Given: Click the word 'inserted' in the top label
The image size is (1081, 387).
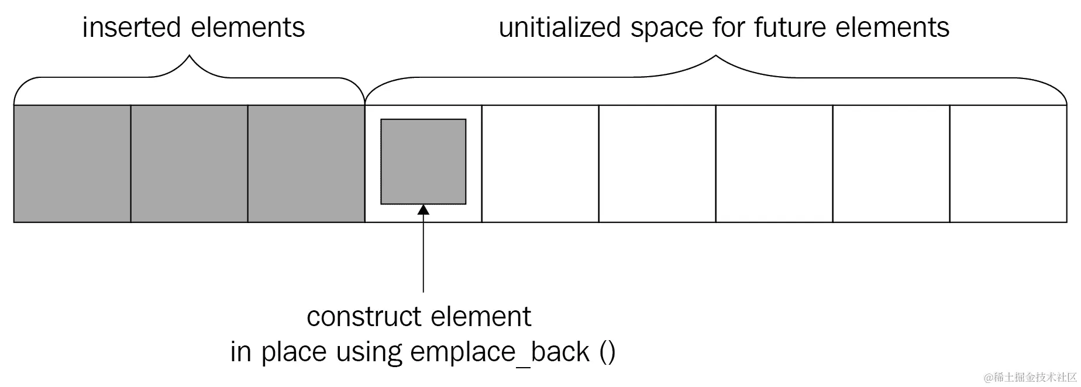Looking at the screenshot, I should tap(132, 28).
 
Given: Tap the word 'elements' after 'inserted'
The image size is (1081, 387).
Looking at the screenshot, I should tap(248, 28).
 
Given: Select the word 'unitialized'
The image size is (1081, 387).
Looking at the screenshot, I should tap(559, 28).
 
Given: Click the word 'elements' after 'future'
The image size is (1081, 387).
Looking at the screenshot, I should tap(893, 28).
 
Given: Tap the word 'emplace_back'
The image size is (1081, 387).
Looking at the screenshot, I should tap(500, 352).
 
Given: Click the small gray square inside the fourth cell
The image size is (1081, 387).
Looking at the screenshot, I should tap(423, 162).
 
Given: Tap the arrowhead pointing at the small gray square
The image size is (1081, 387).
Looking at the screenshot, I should tap(423, 210).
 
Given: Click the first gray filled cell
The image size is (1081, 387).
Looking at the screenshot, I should tap(72, 164).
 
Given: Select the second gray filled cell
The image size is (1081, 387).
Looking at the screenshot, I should tap(189, 164).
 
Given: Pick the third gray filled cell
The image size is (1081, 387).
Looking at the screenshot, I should tap(306, 164).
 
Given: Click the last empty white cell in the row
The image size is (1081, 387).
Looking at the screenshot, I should tap(1008, 164).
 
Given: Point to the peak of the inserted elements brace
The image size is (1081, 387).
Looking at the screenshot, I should tap(189, 57).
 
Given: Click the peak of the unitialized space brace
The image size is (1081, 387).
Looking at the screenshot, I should tap(715, 57).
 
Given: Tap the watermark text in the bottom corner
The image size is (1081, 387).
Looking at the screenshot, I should tap(1031, 376).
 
